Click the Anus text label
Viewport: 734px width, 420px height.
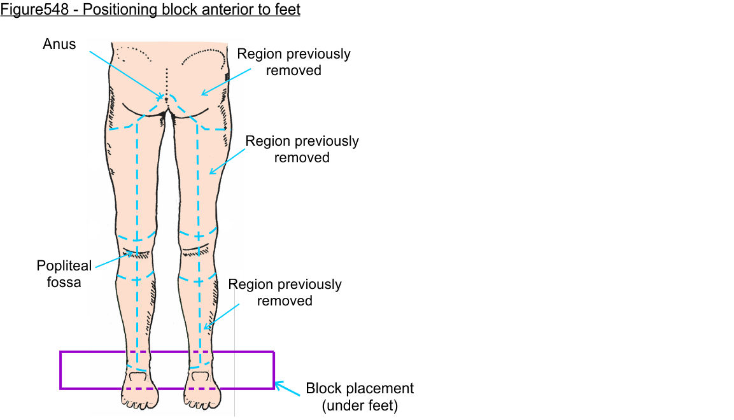(59, 45)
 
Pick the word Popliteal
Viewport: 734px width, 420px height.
(64, 266)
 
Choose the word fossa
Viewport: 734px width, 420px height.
(64, 282)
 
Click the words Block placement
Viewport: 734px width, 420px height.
(360, 388)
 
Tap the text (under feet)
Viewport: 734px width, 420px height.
(360, 405)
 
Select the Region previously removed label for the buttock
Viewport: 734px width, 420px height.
(293, 62)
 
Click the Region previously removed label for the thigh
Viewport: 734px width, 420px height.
(302, 149)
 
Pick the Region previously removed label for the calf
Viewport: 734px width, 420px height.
(285, 292)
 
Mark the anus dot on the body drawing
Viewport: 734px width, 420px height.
(166, 99)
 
